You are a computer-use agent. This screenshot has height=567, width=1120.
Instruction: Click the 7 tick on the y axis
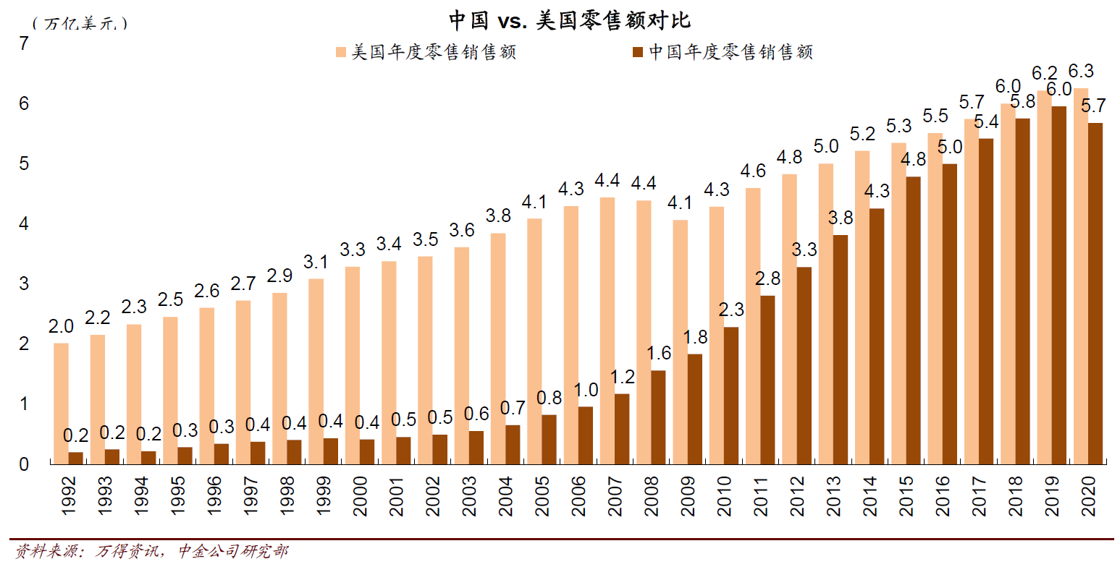[24, 44]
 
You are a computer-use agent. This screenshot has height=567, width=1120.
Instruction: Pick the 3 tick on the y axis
[24, 283]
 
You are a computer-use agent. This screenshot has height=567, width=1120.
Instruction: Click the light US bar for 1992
[62, 403]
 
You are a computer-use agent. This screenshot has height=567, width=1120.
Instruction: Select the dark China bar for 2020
[1095, 293]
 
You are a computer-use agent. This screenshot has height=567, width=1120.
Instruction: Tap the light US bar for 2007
[607, 330]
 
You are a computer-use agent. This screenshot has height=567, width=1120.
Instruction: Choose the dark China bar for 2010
[731, 395]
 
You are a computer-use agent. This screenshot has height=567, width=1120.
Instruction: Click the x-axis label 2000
[360, 496]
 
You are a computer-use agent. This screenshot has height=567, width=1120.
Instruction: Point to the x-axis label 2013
[833, 496]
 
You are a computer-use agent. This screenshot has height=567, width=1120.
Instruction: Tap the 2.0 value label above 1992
[62, 326]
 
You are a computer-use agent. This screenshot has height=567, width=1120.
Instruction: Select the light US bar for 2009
[681, 341]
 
